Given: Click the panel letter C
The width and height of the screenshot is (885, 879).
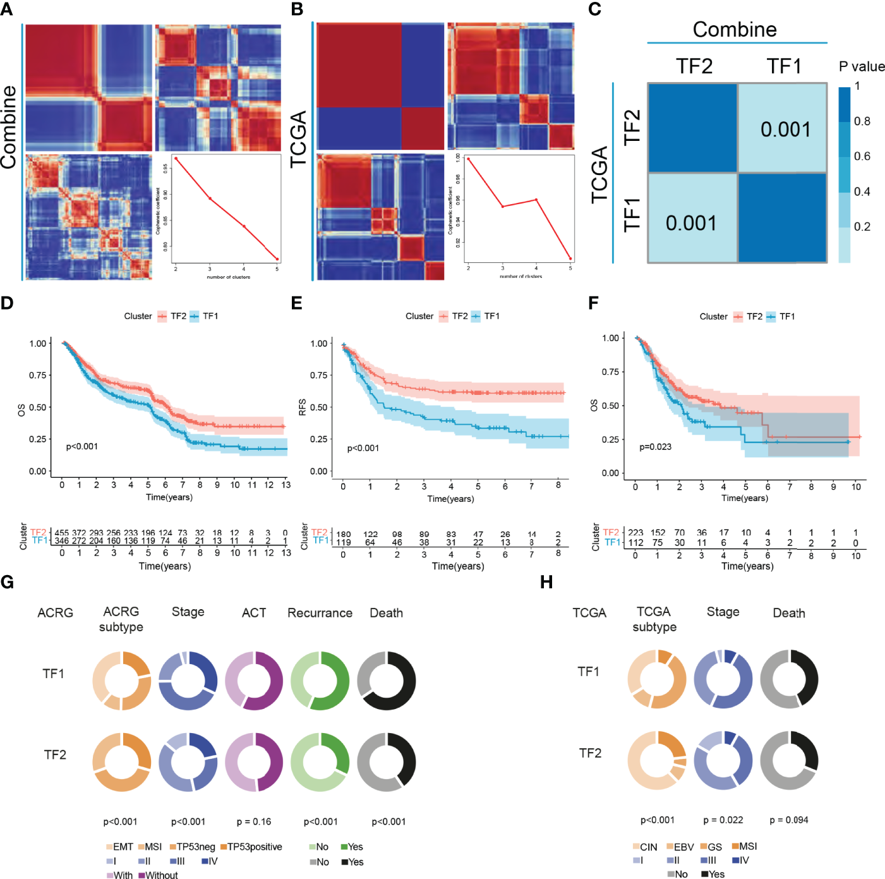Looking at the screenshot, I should click(x=594, y=9).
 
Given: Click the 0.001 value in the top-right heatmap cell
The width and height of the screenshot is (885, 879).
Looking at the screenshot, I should click(x=785, y=130).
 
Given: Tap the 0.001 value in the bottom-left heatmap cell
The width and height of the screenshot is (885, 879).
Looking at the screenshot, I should click(x=691, y=223).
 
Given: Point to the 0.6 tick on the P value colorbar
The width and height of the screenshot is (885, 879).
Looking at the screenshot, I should click(x=862, y=156).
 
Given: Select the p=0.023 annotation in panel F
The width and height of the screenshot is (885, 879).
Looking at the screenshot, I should click(x=655, y=447).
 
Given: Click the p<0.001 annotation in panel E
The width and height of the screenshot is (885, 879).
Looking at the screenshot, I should click(x=363, y=448).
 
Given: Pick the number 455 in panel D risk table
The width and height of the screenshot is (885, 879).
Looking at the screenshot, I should click(x=62, y=533).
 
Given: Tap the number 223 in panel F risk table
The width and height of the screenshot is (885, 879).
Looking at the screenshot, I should click(x=635, y=533).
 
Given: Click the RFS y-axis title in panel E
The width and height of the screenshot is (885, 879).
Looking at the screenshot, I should click(x=303, y=407).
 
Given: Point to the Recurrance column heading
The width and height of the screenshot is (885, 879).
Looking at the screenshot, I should click(x=320, y=613).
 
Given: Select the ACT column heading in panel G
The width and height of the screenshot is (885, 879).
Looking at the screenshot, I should click(x=254, y=613).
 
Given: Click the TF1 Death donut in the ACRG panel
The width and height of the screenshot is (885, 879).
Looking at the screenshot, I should click(x=387, y=681).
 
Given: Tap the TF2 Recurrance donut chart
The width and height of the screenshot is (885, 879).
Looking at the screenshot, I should click(x=320, y=762).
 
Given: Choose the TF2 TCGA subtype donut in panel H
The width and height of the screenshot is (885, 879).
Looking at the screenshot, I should click(x=657, y=760).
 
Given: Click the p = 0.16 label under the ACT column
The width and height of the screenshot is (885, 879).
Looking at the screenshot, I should click(x=254, y=821).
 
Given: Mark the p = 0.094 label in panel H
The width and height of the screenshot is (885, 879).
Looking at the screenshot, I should click(x=789, y=820).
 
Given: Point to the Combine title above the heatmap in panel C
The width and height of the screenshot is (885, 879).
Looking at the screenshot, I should click(x=735, y=30).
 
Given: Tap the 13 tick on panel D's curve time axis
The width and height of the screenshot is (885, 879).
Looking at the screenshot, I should click(x=286, y=485).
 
